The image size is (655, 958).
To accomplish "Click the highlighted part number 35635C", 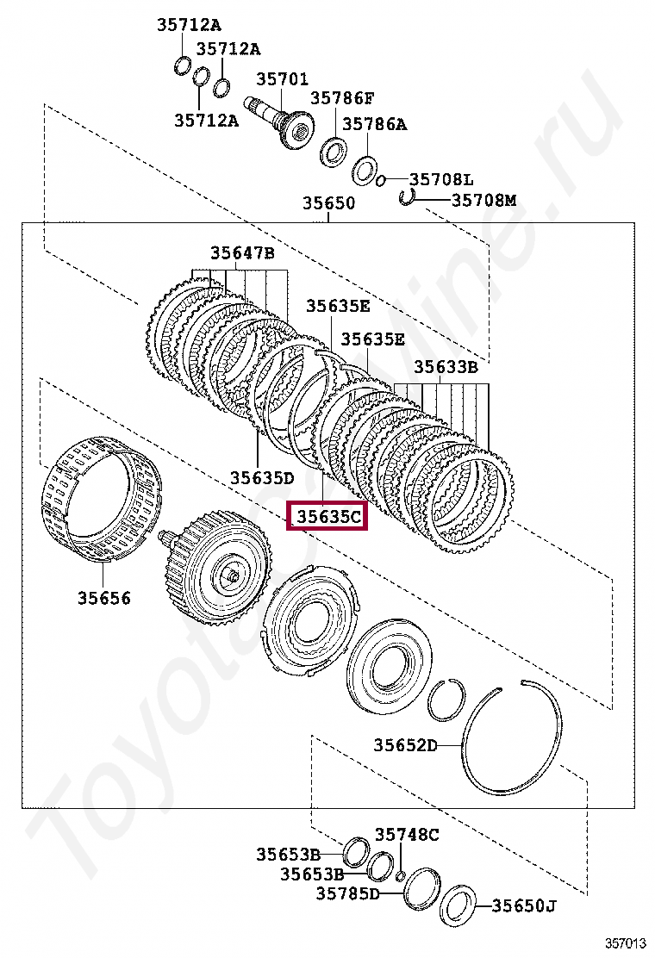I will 327,517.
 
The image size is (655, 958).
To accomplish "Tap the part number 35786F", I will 342,98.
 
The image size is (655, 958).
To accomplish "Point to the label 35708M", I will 483,200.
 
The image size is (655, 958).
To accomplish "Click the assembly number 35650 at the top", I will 328,203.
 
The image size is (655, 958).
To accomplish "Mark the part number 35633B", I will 446,366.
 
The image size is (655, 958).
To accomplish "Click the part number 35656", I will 104,598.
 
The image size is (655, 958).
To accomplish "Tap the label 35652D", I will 405,745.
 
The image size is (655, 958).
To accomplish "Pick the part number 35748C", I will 407,834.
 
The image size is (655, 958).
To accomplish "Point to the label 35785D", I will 347,893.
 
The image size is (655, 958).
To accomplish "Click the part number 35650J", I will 524,905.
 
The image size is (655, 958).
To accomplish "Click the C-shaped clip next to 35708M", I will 408,198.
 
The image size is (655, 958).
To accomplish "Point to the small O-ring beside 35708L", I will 379,179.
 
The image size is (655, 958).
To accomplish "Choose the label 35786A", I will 374,124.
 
